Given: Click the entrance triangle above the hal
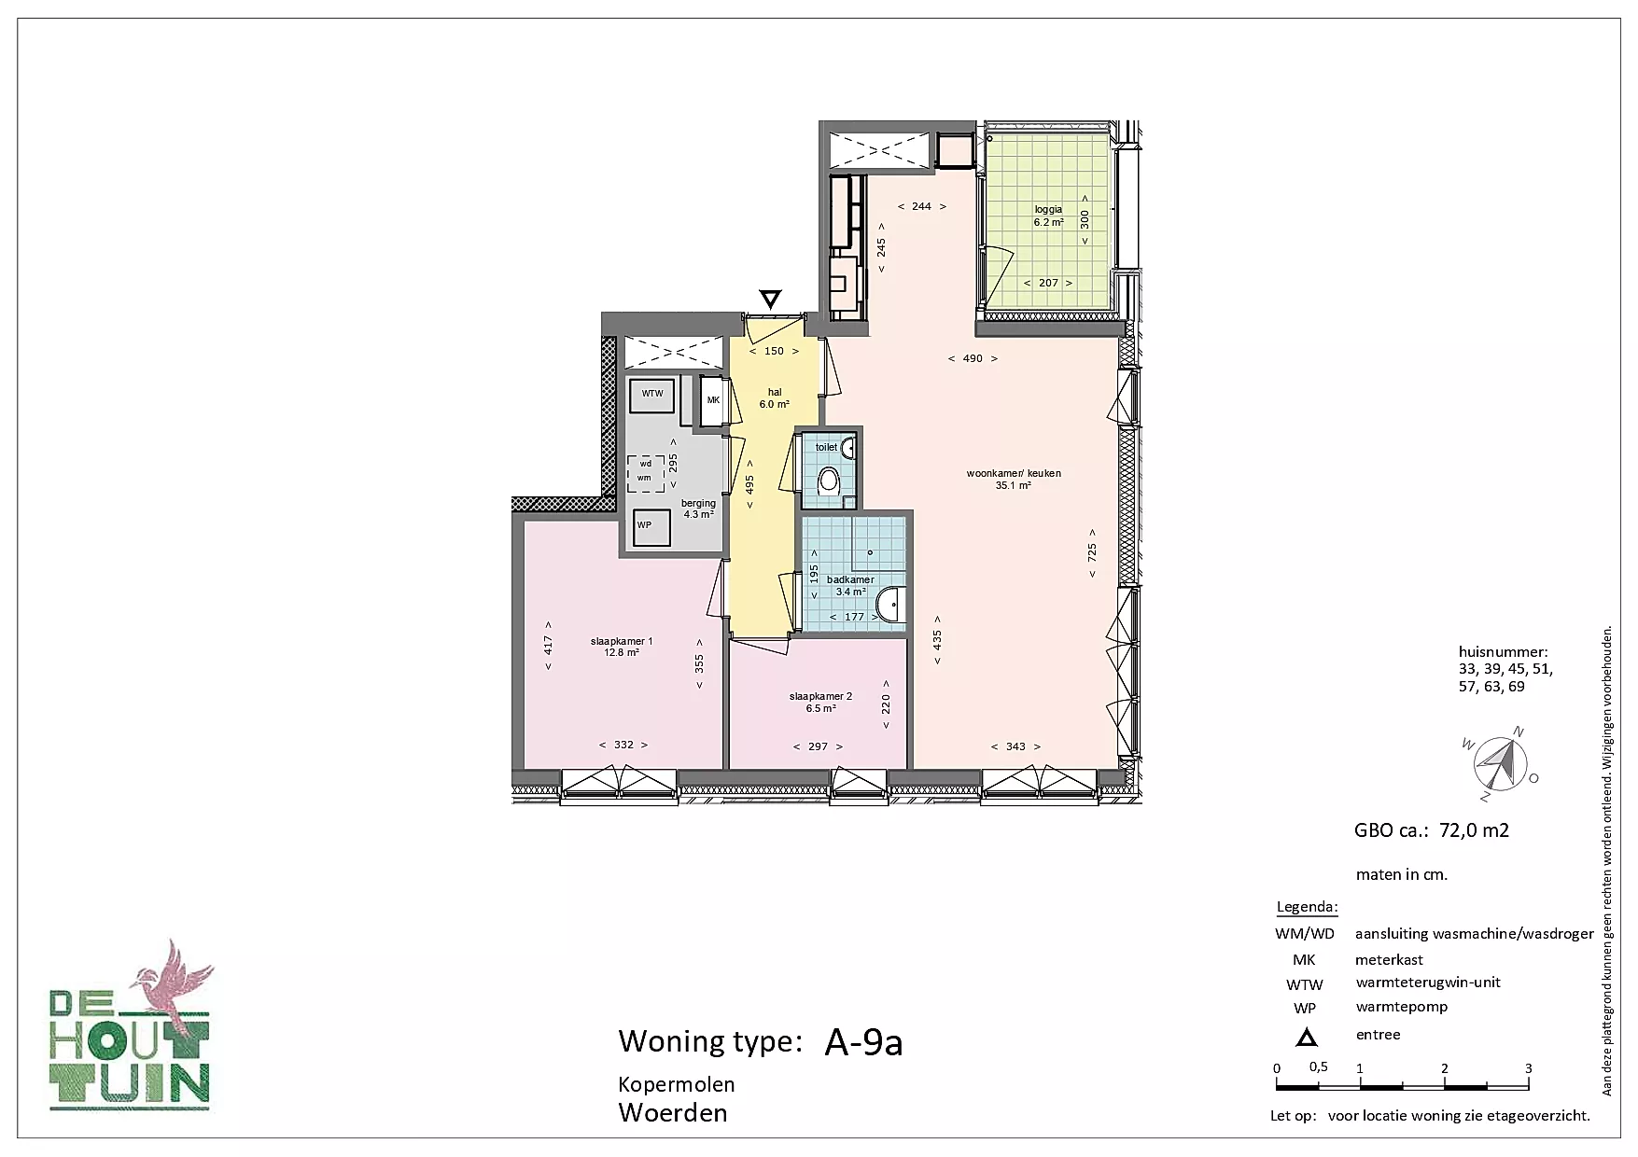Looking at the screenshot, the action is point(770,299).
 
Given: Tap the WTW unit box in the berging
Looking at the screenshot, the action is point(652,395).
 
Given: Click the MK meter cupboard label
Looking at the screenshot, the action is point(714,400).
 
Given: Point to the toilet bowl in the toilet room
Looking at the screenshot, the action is point(829,483).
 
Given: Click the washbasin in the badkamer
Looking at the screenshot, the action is point(890,605).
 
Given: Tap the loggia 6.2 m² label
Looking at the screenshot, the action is point(1048,216).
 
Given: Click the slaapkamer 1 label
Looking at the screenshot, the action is point(622,647).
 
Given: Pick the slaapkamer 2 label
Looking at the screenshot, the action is point(820,702).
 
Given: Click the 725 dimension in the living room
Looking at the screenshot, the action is point(1092,552).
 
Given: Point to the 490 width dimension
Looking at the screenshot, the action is point(973,358).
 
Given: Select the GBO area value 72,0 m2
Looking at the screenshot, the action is point(1475,830).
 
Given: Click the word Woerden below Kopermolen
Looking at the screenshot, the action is point(673,1112).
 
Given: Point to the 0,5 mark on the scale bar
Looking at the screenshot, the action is point(1318,1066).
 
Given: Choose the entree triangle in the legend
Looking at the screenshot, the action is point(1307,1037).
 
